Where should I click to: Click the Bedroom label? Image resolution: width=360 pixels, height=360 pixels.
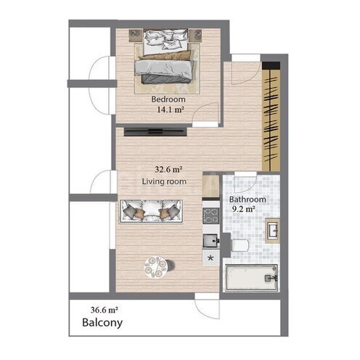click(168, 99)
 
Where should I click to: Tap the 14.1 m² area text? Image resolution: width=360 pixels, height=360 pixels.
click(171, 110)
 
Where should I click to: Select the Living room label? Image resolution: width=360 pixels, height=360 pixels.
click(164, 181)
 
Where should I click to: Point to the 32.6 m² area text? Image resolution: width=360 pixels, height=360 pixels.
click(168, 169)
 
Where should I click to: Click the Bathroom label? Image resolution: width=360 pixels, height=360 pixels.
click(247, 200)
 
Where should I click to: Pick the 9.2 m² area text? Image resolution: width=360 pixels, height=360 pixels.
click(244, 209)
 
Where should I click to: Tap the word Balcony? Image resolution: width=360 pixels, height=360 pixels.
click(102, 323)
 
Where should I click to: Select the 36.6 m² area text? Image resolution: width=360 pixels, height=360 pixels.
click(105, 310)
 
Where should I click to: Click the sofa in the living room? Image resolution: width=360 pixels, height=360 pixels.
click(151, 211)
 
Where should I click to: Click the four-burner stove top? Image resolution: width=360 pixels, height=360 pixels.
click(211, 216)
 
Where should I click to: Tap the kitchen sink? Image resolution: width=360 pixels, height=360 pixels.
click(211, 241)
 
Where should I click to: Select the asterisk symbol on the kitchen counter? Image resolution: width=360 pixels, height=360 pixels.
click(210, 258)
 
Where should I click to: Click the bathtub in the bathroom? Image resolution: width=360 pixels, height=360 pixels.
click(252, 277)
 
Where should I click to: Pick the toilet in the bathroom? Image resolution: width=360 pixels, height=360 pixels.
click(240, 246)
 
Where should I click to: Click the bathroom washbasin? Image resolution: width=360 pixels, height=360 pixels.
click(272, 230)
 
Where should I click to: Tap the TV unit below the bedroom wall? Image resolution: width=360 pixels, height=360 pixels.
click(155, 132)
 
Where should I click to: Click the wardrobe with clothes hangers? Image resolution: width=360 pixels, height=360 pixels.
click(271, 116)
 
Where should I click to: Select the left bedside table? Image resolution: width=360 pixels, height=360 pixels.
click(136, 36)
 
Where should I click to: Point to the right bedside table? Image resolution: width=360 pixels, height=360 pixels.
click(196, 36)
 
